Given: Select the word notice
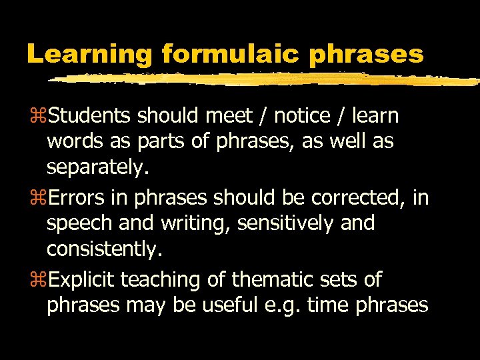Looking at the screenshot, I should tap(302, 116).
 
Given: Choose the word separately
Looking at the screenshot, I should tap(97, 168).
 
